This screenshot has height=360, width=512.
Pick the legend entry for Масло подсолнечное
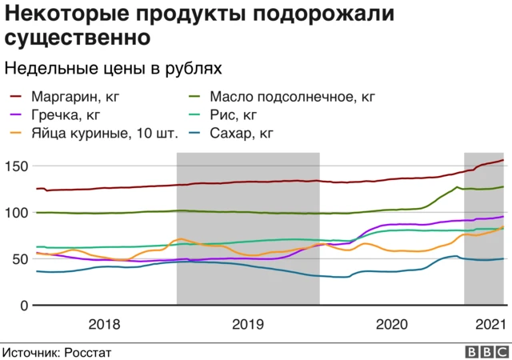291,98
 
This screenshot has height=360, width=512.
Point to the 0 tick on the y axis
23,306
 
